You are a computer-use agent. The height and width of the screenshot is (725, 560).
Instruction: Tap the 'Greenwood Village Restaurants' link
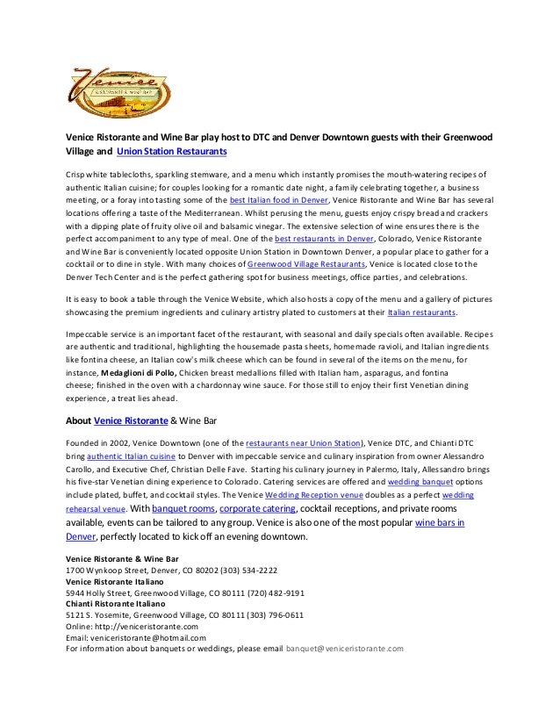[305, 263]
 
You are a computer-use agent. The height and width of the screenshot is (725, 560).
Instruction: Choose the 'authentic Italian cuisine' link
[136, 457]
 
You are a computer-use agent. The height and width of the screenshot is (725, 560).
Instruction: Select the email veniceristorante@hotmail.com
[152, 638]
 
